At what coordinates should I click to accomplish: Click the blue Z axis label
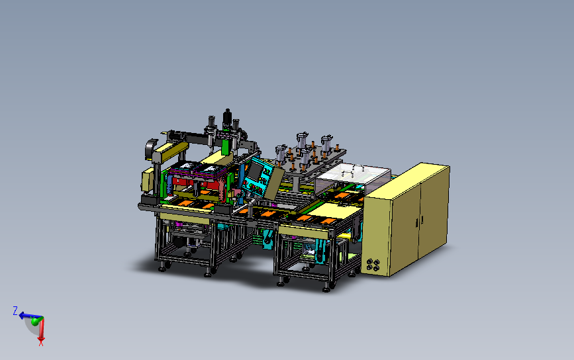(x=15, y=310)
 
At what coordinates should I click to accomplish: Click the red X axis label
(x=41, y=343)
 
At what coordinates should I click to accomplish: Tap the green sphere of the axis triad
(x=36, y=321)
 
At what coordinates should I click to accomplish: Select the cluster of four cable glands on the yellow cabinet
(x=373, y=265)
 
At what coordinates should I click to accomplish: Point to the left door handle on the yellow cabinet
(x=417, y=222)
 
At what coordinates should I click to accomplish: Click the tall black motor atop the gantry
(x=227, y=117)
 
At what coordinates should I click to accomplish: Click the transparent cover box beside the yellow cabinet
(x=352, y=178)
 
